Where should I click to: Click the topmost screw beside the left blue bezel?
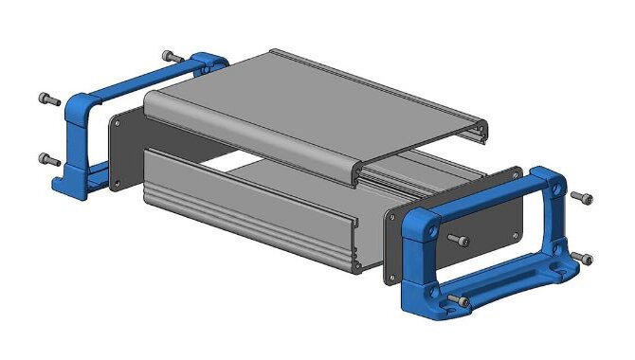click(x=171, y=56)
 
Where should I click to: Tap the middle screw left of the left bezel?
click(x=48, y=98)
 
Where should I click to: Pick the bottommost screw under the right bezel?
click(x=459, y=302)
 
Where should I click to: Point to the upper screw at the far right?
click(x=582, y=197)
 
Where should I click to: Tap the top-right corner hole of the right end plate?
click(x=515, y=174)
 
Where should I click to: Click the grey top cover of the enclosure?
click(x=313, y=104)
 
